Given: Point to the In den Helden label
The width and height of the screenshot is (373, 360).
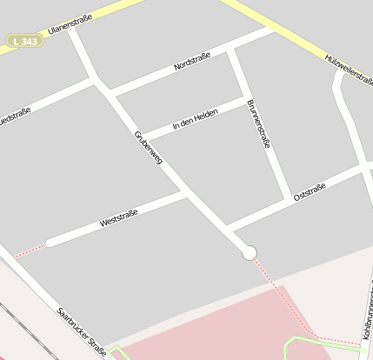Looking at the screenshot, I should [x=195, y=120].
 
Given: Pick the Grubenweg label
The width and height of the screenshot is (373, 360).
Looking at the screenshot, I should [x=148, y=146].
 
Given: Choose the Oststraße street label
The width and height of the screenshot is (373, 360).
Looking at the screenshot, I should [x=309, y=191].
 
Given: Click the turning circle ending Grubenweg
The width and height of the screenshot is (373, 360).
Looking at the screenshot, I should [x=250, y=252].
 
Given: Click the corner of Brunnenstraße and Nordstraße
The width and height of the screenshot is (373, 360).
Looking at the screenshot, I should [x=231, y=51].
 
